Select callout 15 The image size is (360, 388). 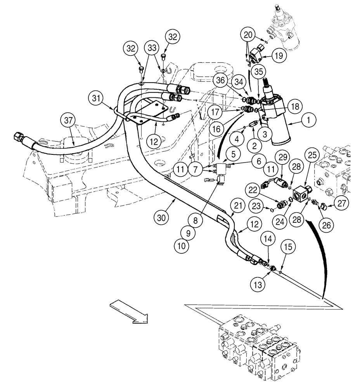point(289,247)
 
